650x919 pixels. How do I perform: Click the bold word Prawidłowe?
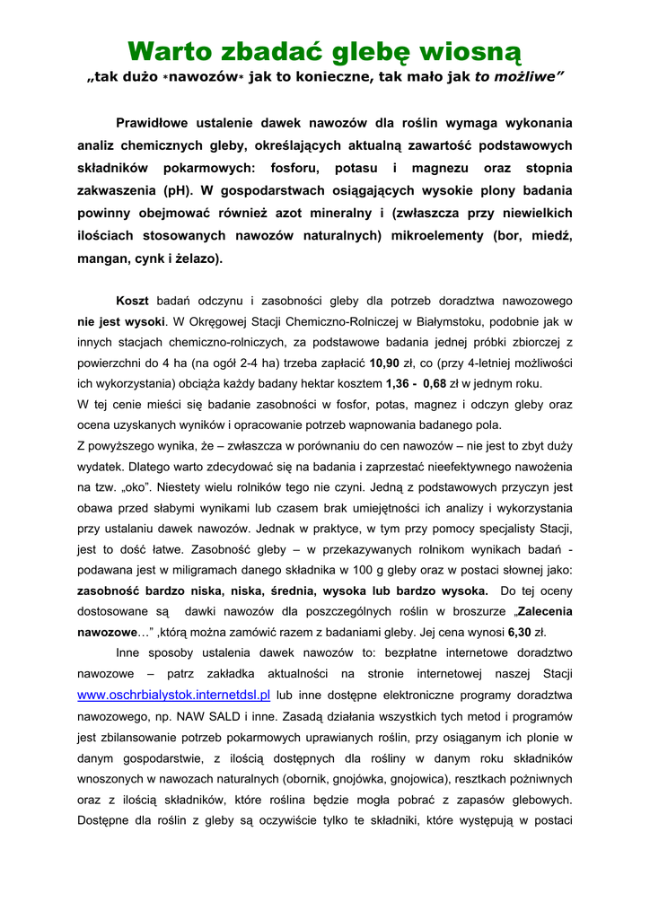158,122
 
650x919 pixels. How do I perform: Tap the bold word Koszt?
134,301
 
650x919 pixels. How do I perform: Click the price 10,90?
386,363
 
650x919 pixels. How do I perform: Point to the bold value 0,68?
435,383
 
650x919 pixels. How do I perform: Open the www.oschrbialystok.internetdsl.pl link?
174,695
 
